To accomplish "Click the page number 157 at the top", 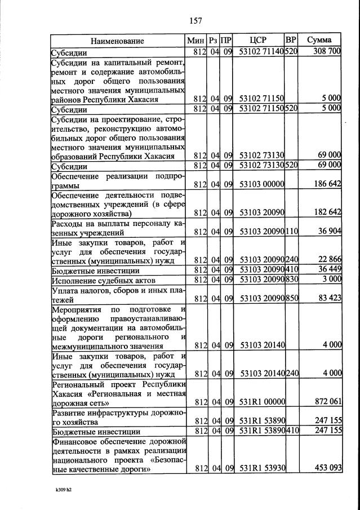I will (x=195, y=21).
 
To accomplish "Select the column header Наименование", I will (x=118, y=41).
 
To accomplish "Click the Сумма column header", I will (x=319, y=40).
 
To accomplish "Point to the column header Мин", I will (x=197, y=40).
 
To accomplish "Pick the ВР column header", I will (x=291, y=40).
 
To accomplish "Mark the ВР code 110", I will (x=291, y=232).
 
